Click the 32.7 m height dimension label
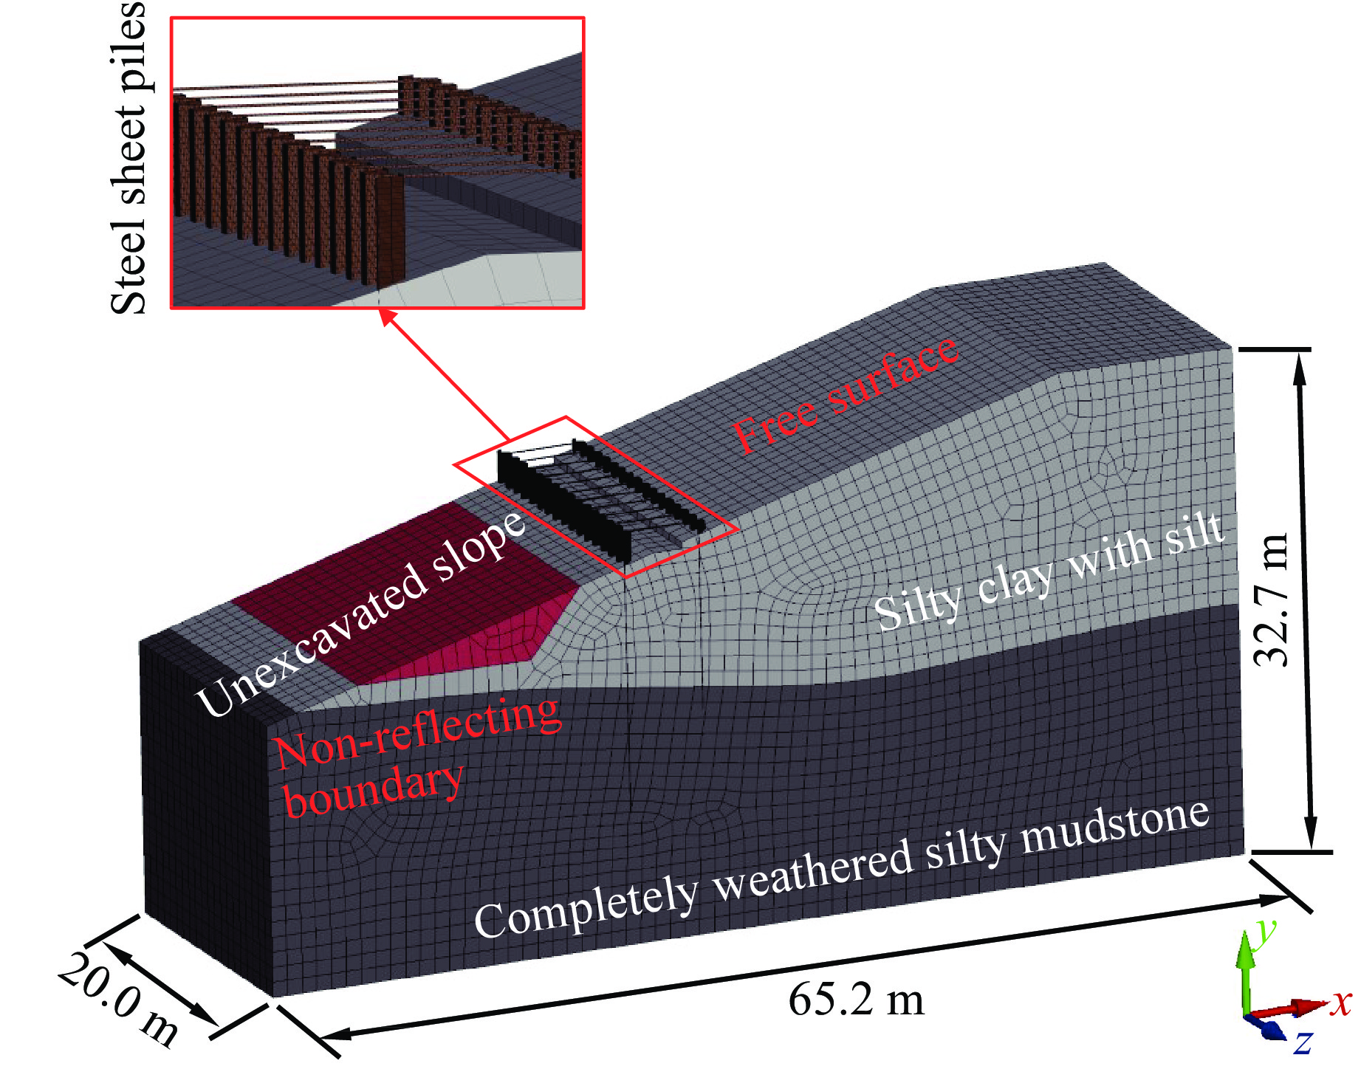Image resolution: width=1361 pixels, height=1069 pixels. (1272, 599)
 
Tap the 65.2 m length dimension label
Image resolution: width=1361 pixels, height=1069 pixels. (856, 1000)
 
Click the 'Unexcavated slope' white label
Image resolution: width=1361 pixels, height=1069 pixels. (361, 612)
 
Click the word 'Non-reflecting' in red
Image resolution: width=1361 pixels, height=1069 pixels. (417, 732)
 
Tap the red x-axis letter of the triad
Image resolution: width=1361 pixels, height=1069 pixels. (1341, 1003)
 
